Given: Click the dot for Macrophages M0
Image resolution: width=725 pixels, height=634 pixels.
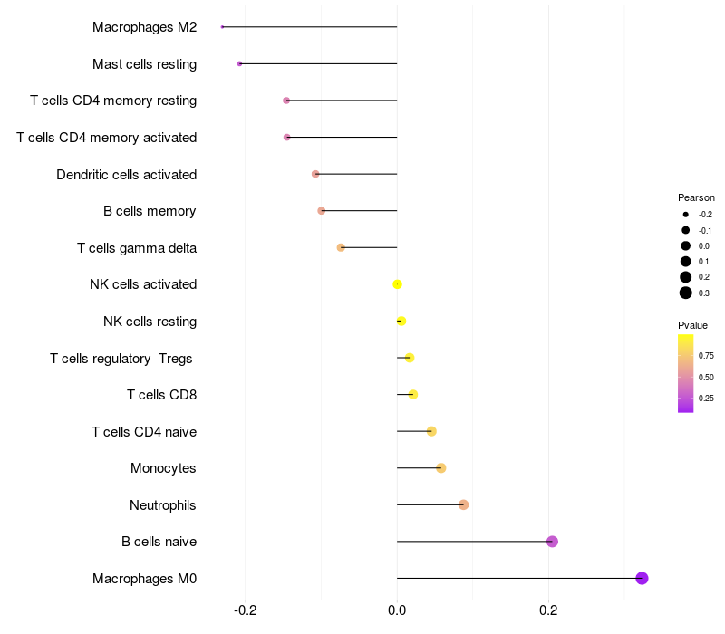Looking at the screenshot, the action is (642, 578).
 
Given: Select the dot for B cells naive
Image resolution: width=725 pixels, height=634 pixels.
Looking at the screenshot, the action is (552, 542).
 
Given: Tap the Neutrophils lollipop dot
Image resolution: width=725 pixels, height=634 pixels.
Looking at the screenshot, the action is (463, 504).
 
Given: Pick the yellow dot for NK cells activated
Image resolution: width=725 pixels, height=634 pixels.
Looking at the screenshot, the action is (397, 284).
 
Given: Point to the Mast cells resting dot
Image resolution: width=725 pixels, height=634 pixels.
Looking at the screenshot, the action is (239, 63).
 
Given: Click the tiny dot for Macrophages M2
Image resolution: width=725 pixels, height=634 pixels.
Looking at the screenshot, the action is (222, 27).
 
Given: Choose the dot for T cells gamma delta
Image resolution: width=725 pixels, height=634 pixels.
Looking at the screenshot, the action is (341, 247).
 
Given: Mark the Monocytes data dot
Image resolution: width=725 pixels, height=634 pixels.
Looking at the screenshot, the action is (441, 468).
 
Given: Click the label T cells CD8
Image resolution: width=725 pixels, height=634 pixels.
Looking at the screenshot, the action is (162, 395).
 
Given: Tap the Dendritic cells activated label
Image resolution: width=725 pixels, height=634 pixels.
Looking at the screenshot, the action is (127, 175).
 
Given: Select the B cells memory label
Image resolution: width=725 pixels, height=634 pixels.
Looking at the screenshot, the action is (150, 211).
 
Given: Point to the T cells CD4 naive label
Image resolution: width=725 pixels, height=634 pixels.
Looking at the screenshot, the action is (144, 432).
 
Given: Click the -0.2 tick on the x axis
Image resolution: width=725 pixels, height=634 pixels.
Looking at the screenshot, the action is (245, 610).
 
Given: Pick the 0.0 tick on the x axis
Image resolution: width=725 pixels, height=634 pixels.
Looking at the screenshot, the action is (397, 610).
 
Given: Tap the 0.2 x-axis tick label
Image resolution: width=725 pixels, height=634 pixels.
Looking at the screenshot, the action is (548, 610).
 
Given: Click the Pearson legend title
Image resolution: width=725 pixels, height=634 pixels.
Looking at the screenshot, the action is (696, 197).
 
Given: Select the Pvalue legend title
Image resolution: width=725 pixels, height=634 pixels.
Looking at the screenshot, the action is (692, 325).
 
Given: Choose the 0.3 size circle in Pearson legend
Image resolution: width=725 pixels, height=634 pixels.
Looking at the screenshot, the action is (686, 293).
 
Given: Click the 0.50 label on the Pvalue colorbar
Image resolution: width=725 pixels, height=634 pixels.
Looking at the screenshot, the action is (706, 377).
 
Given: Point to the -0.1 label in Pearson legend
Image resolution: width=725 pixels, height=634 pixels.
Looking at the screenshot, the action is (705, 231).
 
